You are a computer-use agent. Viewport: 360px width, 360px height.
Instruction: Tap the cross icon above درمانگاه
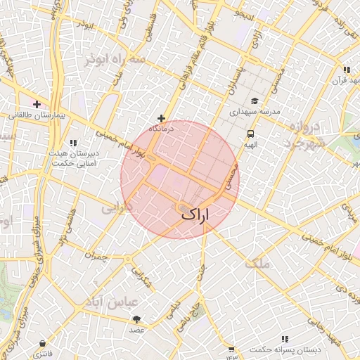162,118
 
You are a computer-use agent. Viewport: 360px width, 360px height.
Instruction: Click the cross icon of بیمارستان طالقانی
37,104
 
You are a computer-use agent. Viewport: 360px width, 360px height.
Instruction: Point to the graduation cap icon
254,101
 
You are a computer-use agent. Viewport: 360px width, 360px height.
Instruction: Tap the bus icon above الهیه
250,134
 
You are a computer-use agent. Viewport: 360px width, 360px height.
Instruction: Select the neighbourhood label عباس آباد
114,302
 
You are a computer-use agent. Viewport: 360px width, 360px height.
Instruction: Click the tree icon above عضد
136,319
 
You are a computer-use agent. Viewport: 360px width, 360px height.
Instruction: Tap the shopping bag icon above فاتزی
44,344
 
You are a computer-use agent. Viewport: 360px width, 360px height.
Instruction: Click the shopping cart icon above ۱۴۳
231,348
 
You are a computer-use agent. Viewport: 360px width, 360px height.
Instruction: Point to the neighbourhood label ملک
258,264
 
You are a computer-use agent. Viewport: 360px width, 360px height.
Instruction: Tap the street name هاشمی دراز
67,226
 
